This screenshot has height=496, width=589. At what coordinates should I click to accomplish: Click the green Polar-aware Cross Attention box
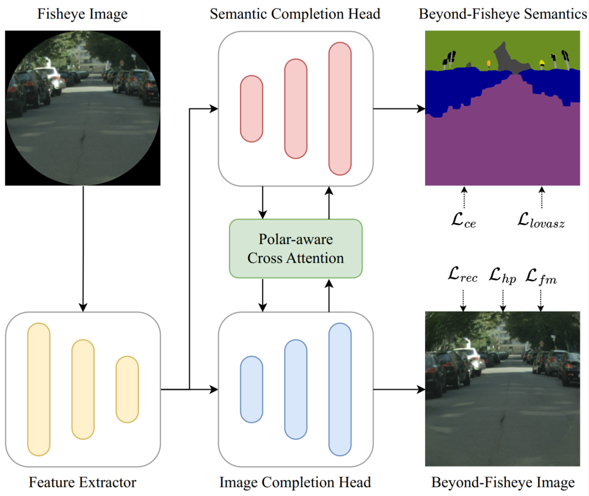click(x=295, y=249)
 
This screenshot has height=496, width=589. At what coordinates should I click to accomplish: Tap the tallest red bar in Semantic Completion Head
click(x=340, y=108)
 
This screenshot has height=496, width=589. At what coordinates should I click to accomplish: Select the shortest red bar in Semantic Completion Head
click(x=252, y=108)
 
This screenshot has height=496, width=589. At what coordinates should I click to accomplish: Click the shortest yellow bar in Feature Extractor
click(x=127, y=389)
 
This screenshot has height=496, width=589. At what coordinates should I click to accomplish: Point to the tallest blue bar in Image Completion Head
click(x=340, y=389)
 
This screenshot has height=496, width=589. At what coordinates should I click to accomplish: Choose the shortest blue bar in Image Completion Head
click(x=252, y=389)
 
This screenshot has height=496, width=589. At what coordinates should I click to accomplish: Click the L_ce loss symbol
click(x=463, y=219)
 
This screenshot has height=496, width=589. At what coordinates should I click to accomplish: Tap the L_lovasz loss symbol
click(x=541, y=219)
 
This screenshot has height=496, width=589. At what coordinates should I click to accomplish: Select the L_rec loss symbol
click(x=462, y=276)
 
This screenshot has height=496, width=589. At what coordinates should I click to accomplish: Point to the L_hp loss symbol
click(x=502, y=276)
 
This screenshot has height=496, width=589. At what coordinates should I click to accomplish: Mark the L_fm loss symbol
click(x=540, y=276)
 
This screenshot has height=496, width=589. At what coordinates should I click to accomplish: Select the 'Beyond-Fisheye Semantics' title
click(x=502, y=13)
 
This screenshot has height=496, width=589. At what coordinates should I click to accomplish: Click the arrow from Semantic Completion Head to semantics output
click(x=399, y=108)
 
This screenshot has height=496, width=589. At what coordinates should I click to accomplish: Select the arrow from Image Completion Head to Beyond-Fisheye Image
click(x=399, y=389)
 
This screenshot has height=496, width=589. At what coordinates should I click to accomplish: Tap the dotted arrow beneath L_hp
click(x=502, y=298)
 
